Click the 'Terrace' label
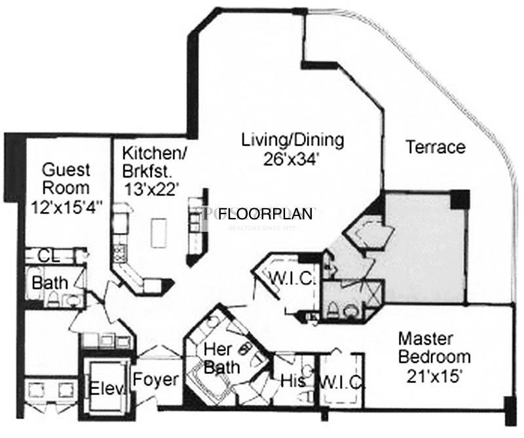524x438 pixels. (436, 147)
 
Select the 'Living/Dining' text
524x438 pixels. (292, 139)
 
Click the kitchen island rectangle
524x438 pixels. (158, 230)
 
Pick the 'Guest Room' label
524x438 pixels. (65, 179)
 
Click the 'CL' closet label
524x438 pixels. (45, 255)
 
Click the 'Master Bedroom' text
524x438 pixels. (434, 348)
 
